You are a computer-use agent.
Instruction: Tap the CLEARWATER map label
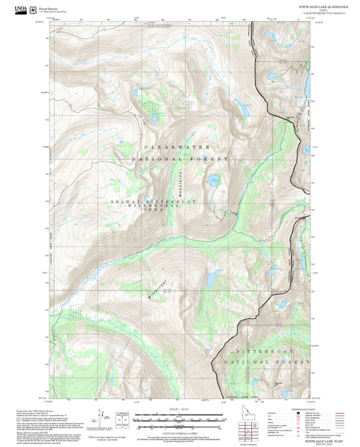[177, 147]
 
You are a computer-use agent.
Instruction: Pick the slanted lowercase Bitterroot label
[155, 286]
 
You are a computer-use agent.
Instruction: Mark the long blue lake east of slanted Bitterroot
[211, 277]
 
